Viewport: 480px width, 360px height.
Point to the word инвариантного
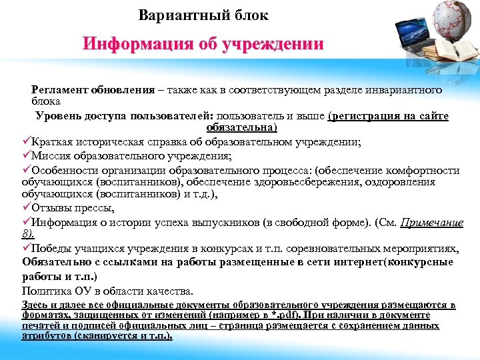click(x=407, y=89)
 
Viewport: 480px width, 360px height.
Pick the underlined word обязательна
click(x=241, y=127)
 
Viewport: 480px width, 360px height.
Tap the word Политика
click(x=47, y=291)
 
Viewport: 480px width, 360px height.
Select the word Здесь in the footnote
click(x=33, y=305)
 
